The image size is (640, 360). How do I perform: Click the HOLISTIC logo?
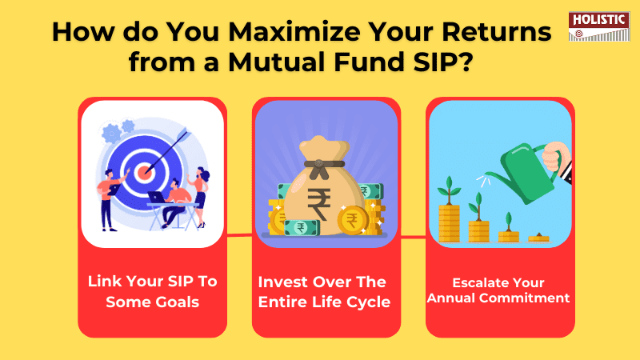(x=598, y=26)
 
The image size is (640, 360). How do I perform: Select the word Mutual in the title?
(x=276, y=62)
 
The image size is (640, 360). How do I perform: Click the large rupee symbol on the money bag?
(x=318, y=203)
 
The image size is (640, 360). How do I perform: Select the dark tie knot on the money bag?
(x=318, y=166)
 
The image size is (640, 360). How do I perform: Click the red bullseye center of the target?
(x=144, y=172)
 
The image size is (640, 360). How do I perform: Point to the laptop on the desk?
(x=156, y=197)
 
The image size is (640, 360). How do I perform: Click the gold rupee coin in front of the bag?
(x=352, y=221)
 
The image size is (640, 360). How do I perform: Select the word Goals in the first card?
(x=175, y=302)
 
